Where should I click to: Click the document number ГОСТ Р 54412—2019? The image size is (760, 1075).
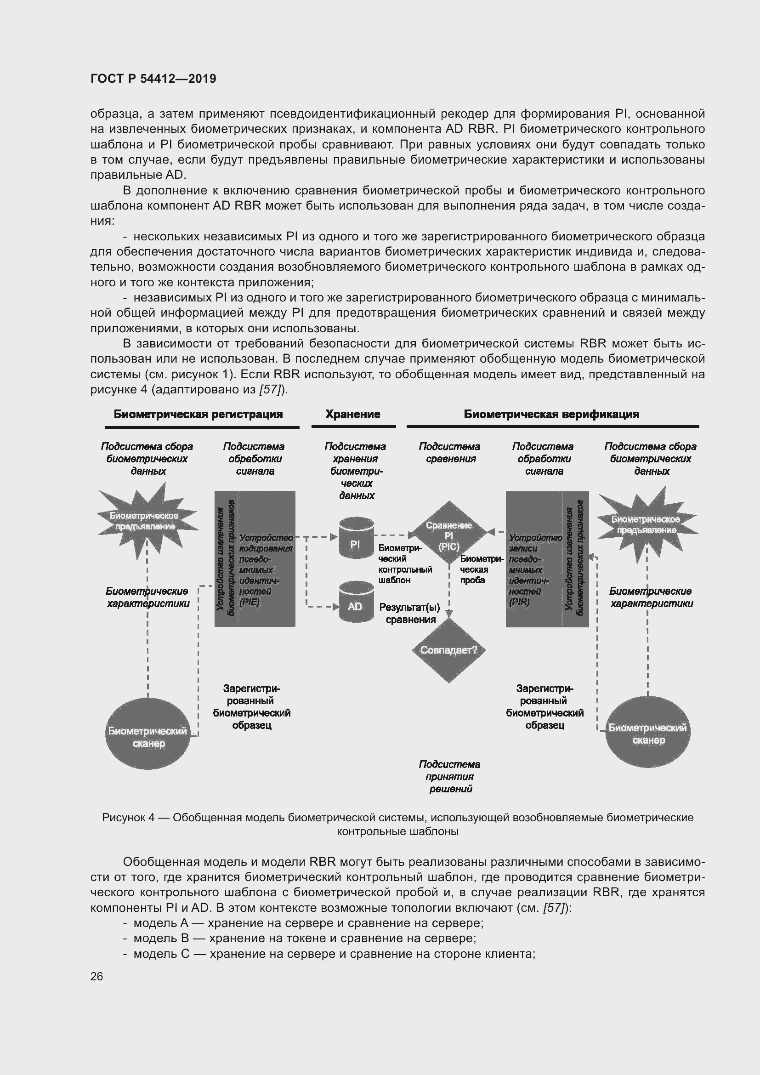pos(153,79)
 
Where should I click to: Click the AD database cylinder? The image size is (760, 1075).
pos(356,602)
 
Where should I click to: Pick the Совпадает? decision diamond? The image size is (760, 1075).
pos(448,650)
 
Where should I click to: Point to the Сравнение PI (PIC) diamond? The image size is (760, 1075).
pos(448,535)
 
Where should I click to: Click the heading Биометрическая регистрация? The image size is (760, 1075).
pos(198,415)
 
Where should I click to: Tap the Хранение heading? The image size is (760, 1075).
pos(352,415)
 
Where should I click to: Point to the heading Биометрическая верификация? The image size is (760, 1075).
pos(551,415)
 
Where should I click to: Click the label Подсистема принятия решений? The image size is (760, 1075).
pos(449,776)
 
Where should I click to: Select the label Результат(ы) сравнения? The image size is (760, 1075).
pos(410,614)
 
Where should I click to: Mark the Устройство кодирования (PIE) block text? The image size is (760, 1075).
pos(265,570)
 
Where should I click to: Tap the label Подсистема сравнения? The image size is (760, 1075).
pos(449,453)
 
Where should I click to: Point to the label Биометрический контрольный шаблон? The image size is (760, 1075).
pos(404,564)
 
